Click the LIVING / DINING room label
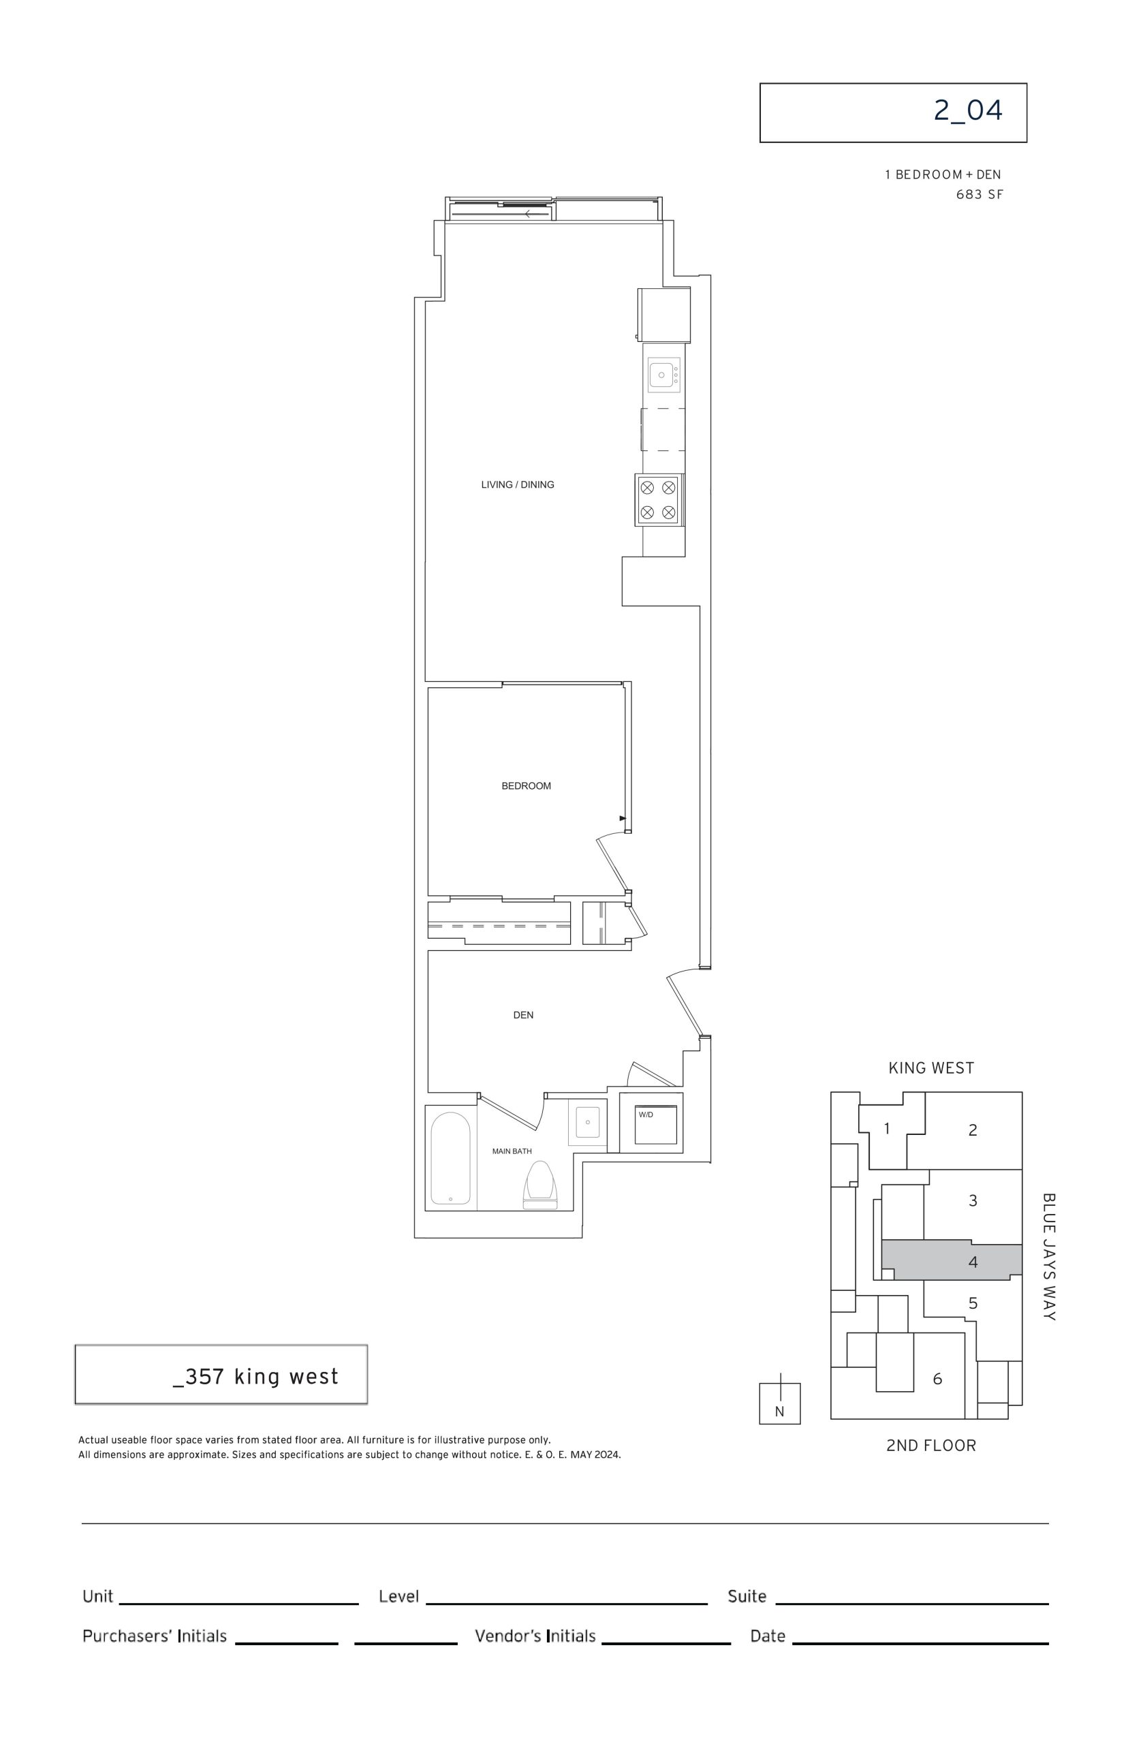(517, 484)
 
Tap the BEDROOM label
(526, 786)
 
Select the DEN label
(523, 1014)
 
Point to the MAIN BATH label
(512, 1151)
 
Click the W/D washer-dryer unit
(655, 1124)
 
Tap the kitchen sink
(663, 375)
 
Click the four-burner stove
(659, 499)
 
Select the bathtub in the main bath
(450, 1158)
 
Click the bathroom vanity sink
(587, 1122)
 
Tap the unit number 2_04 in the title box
(968, 110)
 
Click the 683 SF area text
(980, 194)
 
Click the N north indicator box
(779, 1403)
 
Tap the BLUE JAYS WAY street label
(1049, 1257)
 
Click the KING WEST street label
(931, 1068)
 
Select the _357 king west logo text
(255, 1377)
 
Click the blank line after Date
(920, 1644)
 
